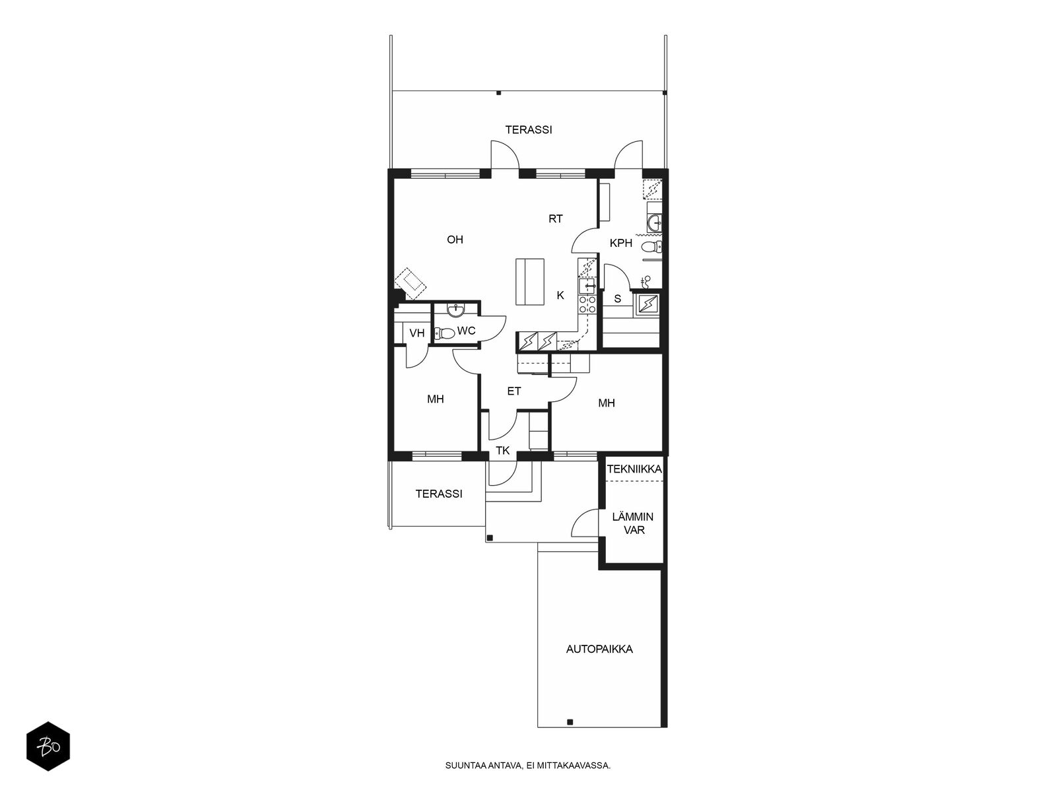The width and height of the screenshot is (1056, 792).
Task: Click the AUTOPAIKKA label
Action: tap(599, 649)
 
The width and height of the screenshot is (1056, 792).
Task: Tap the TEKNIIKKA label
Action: tap(634, 469)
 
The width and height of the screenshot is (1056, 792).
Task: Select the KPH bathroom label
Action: tap(620, 244)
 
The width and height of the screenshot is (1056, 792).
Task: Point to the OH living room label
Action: tap(455, 240)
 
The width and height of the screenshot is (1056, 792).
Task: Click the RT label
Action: tap(556, 219)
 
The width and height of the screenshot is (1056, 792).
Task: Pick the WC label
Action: tap(466, 331)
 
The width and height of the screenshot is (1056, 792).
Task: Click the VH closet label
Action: tap(417, 333)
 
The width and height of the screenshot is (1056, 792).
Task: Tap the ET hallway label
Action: tap(513, 391)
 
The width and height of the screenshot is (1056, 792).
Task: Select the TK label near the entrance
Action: tap(503, 451)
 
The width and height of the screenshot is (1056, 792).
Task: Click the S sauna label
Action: tap(617, 299)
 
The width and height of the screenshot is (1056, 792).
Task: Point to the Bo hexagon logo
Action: tap(48, 746)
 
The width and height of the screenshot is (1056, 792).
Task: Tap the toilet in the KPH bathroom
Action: tap(651, 247)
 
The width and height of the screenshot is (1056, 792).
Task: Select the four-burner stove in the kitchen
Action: tap(587, 304)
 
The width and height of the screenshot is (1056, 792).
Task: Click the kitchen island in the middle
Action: tap(530, 281)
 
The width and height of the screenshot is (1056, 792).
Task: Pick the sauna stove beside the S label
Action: tap(647, 304)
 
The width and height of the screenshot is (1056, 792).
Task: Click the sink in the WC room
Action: tap(455, 310)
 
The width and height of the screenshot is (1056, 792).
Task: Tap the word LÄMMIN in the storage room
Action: tap(633, 517)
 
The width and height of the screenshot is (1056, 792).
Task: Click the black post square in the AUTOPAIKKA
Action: tap(570, 735)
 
